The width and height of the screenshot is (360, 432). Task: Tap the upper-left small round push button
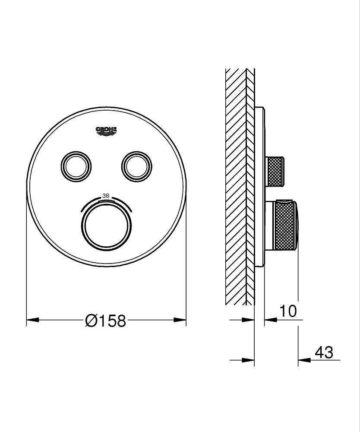pos(76,165)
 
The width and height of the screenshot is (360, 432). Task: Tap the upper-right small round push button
pos(137,165)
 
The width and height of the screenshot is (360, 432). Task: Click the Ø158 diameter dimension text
pos(106,321)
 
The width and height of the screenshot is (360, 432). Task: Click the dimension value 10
pos(288,311)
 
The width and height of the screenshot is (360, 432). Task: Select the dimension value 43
pos(324,353)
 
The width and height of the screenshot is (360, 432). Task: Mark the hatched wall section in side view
pos(236,186)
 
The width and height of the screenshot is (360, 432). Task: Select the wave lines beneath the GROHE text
pos(106,134)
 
